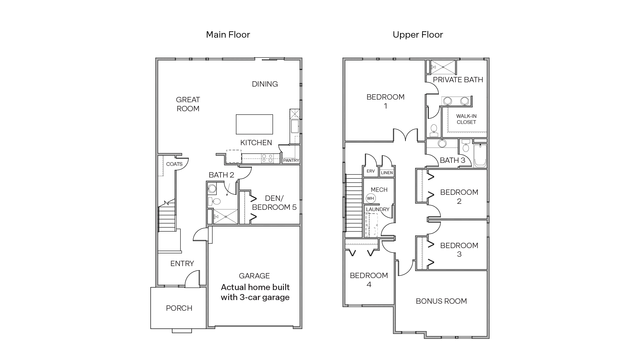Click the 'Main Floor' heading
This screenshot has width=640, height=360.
(x=228, y=35)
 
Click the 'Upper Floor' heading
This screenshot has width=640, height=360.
(x=417, y=35)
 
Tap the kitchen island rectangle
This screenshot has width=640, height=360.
(x=254, y=124)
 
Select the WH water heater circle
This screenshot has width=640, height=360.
(x=370, y=198)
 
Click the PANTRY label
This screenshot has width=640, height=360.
(x=291, y=161)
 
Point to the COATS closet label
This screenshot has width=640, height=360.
(x=174, y=164)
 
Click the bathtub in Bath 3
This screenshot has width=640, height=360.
(x=480, y=156)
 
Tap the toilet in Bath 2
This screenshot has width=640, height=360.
(x=215, y=201)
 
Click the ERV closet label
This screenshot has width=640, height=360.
(x=370, y=171)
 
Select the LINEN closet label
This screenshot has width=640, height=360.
(x=387, y=173)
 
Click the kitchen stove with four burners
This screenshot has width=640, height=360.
(x=267, y=158)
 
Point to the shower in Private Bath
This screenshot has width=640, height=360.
(x=443, y=67)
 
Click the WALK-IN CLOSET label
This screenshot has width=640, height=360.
(x=466, y=119)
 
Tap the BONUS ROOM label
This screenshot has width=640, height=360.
(x=441, y=301)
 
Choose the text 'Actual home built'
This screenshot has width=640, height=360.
(x=255, y=287)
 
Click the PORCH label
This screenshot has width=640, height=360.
(x=179, y=308)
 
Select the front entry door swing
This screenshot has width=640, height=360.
(x=192, y=279)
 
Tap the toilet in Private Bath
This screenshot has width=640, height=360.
(x=434, y=130)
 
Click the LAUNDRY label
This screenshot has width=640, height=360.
(x=377, y=209)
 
